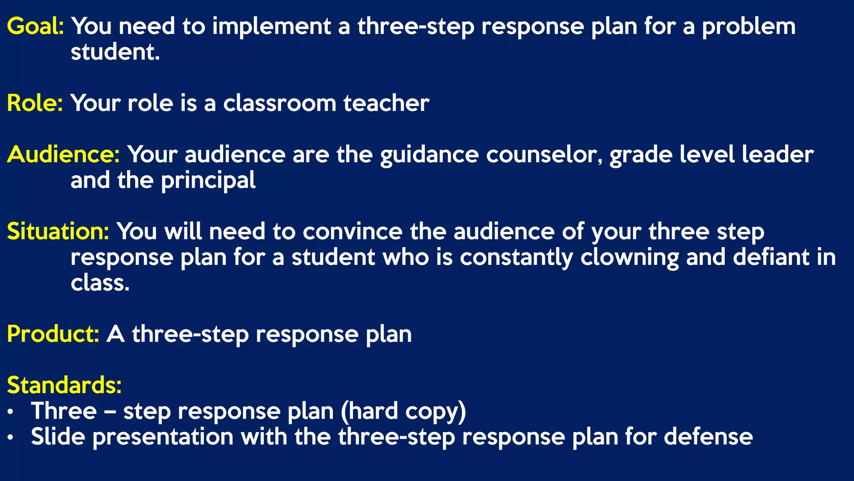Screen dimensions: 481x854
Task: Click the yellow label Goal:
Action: (35, 26)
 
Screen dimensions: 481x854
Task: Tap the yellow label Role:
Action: (35, 103)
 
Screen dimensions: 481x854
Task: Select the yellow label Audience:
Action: (63, 154)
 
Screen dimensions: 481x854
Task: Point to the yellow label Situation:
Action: (58, 231)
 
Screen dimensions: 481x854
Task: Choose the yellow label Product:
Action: (53, 334)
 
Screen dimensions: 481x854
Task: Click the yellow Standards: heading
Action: (64, 385)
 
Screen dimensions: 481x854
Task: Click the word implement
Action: (271, 26)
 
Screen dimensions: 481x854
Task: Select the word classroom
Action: (279, 103)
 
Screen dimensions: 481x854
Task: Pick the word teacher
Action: (386, 103)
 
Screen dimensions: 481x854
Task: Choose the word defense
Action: (708, 437)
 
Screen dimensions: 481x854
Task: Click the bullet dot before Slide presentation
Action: (11, 438)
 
